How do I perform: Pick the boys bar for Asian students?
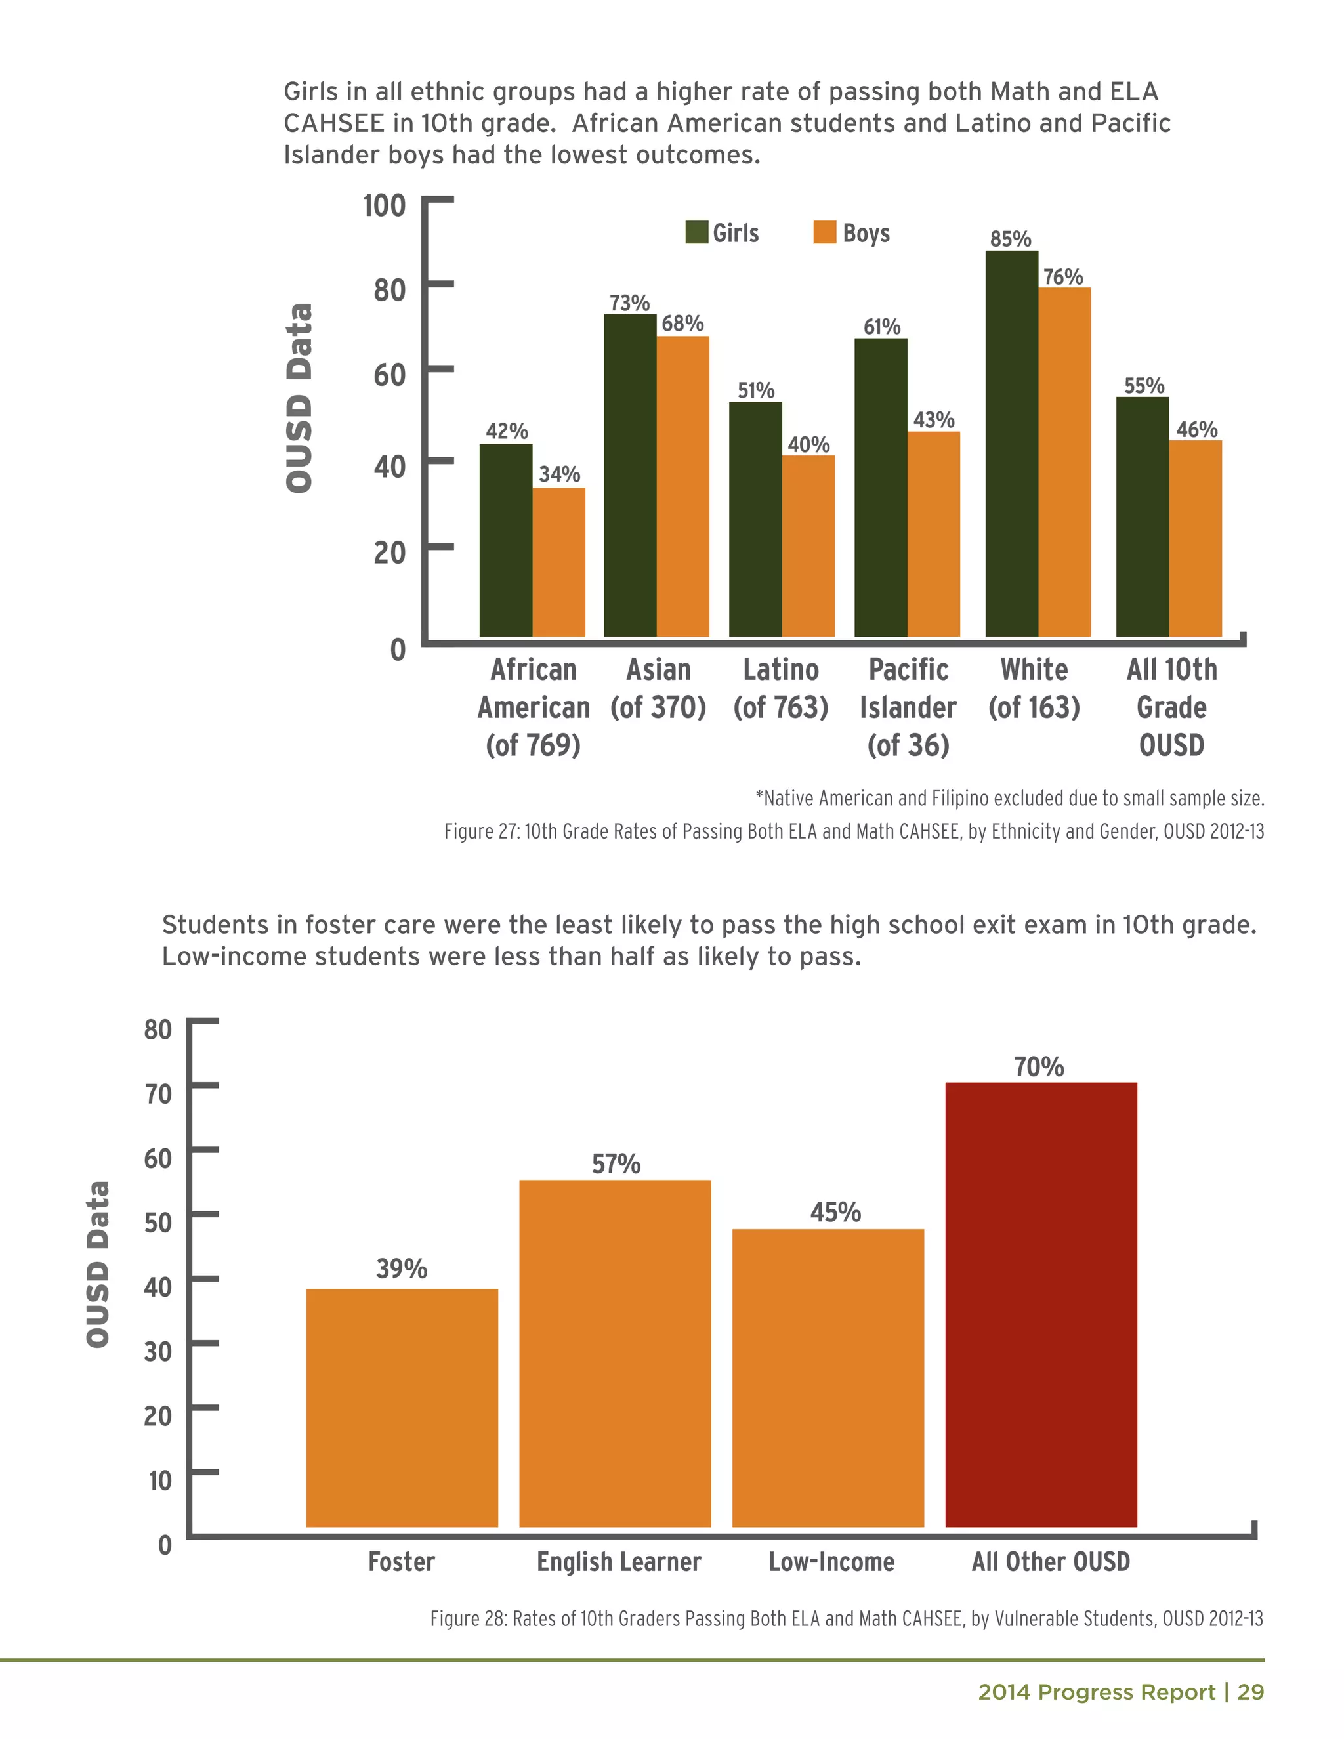(x=682, y=486)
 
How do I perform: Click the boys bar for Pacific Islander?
(x=933, y=534)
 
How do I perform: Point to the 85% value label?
(x=1011, y=239)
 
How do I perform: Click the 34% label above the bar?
(x=559, y=474)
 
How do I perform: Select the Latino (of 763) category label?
(x=780, y=688)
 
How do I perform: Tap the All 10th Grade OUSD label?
(x=1171, y=707)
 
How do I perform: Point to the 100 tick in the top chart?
(x=384, y=205)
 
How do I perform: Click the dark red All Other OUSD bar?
(x=1041, y=1305)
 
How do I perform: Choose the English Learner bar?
(x=615, y=1354)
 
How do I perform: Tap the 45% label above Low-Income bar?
(x=835, y=1212)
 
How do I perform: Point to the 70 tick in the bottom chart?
(x=157, y=1093)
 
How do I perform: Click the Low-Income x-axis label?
(x=831, y=1562)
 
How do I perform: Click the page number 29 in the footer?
(x=1251, y=1692)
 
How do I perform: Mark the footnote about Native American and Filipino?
(x=1009, y=798)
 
